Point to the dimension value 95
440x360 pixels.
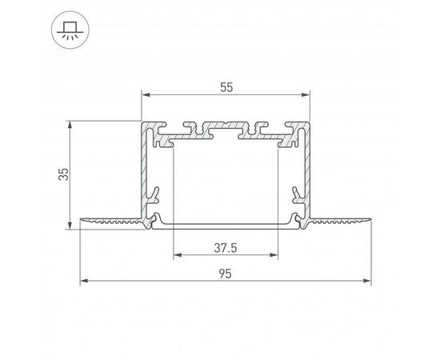click(x=226, y=273)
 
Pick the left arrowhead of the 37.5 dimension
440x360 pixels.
click(x=175, y=256)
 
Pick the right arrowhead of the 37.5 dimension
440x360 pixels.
click(x=278, y=256)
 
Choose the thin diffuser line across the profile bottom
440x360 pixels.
click(x=226, y=225)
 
